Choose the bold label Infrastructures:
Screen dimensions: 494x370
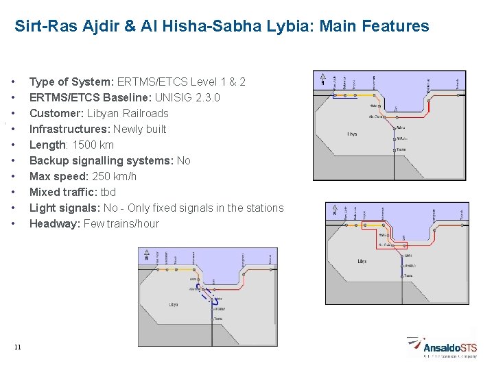click(x=69, y=129)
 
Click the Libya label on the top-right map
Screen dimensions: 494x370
click(x=353, y=134)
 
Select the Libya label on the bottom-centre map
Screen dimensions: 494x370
click(x=174, y=304)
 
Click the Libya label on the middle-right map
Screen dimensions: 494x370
click(x=363, y=261)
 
